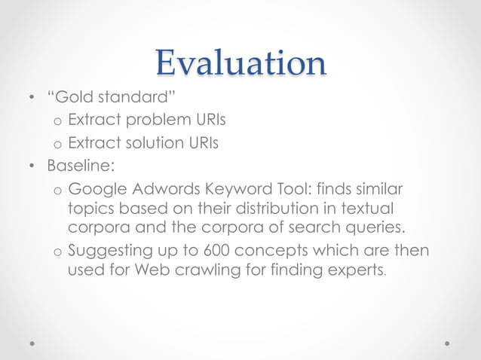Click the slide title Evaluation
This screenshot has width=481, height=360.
point(240,63)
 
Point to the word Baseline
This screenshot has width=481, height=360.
point(75,163)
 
